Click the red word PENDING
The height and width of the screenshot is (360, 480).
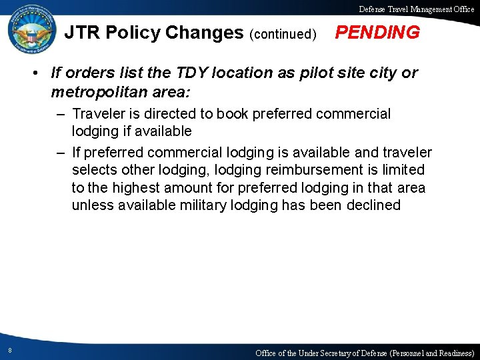coord(377,33)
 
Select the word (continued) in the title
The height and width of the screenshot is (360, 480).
coord(283,34)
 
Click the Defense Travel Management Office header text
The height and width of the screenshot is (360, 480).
coord(417,9)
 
